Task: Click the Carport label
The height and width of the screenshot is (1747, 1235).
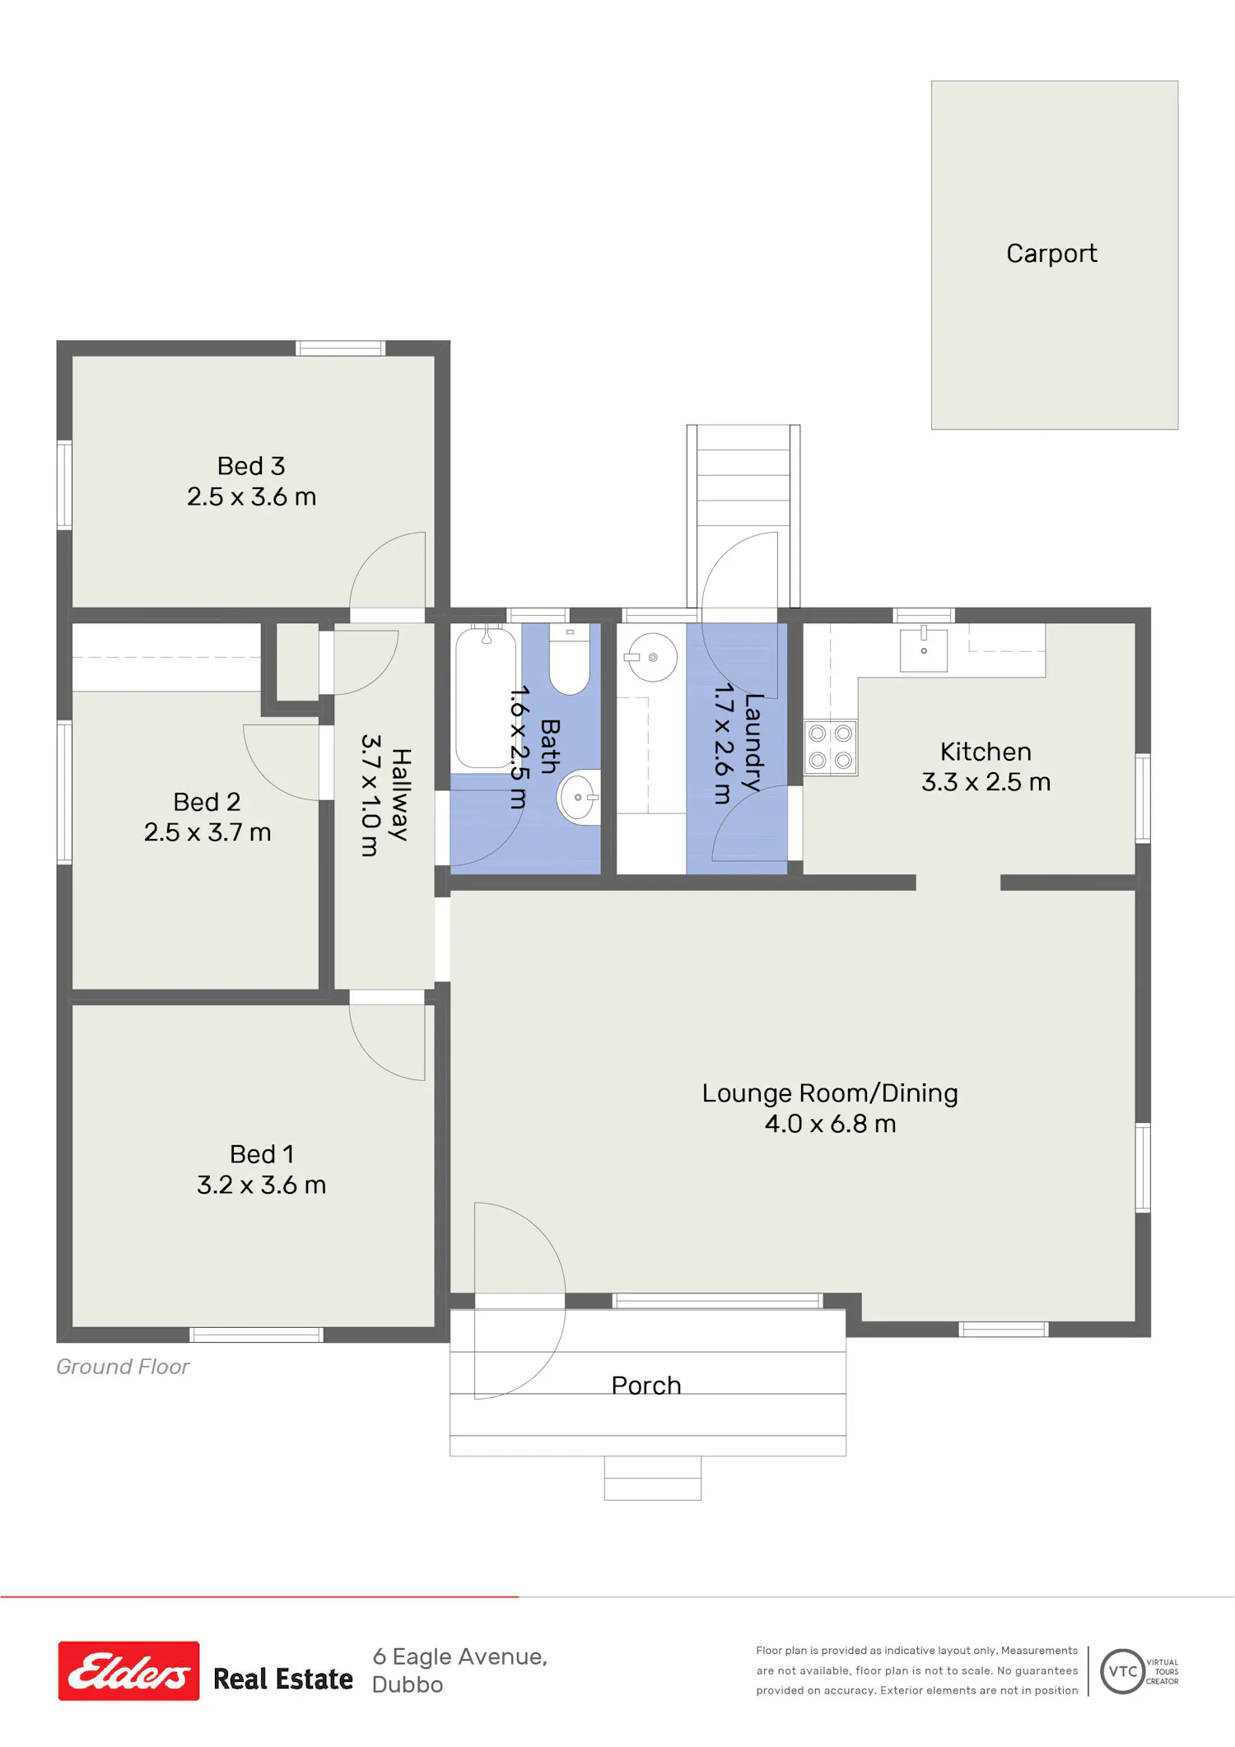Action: coord(1051,254)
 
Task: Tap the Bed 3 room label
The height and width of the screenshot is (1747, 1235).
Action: coord(251,466)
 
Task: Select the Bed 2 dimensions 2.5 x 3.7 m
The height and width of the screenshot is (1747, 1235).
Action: coord(207,832)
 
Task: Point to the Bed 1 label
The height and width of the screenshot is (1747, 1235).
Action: coord(262,1154)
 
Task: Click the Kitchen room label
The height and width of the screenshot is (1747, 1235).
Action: coord(986,752)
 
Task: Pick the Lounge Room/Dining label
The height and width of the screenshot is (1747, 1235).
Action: coord(830,1093)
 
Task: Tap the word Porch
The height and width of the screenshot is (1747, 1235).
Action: coord(646,1386)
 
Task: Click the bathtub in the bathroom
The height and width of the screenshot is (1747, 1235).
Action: coord(486,697)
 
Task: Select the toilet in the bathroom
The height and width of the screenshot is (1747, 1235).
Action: coord(570,659)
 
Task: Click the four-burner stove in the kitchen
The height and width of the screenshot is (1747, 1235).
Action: coord(830,747)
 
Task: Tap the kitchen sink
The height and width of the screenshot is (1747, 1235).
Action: coord(924,650)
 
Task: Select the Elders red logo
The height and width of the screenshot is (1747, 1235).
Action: coord(128,1670)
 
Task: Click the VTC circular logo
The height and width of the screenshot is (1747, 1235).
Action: coord(1123,1671)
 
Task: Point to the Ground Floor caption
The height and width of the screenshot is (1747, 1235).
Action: coord(123,1367)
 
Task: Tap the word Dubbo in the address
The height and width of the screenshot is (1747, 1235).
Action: coord(408,1684)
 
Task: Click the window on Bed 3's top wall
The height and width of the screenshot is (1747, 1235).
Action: coord(340,348)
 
